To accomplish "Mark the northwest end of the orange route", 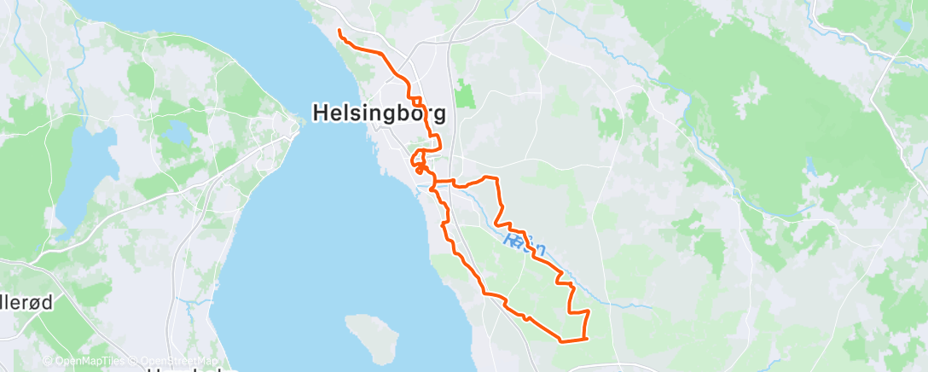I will (339, 32).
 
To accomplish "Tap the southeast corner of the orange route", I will (587, 340).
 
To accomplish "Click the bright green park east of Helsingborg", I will (463, 93).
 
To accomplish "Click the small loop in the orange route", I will (419, 159).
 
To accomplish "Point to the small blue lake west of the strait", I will (180, 132).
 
